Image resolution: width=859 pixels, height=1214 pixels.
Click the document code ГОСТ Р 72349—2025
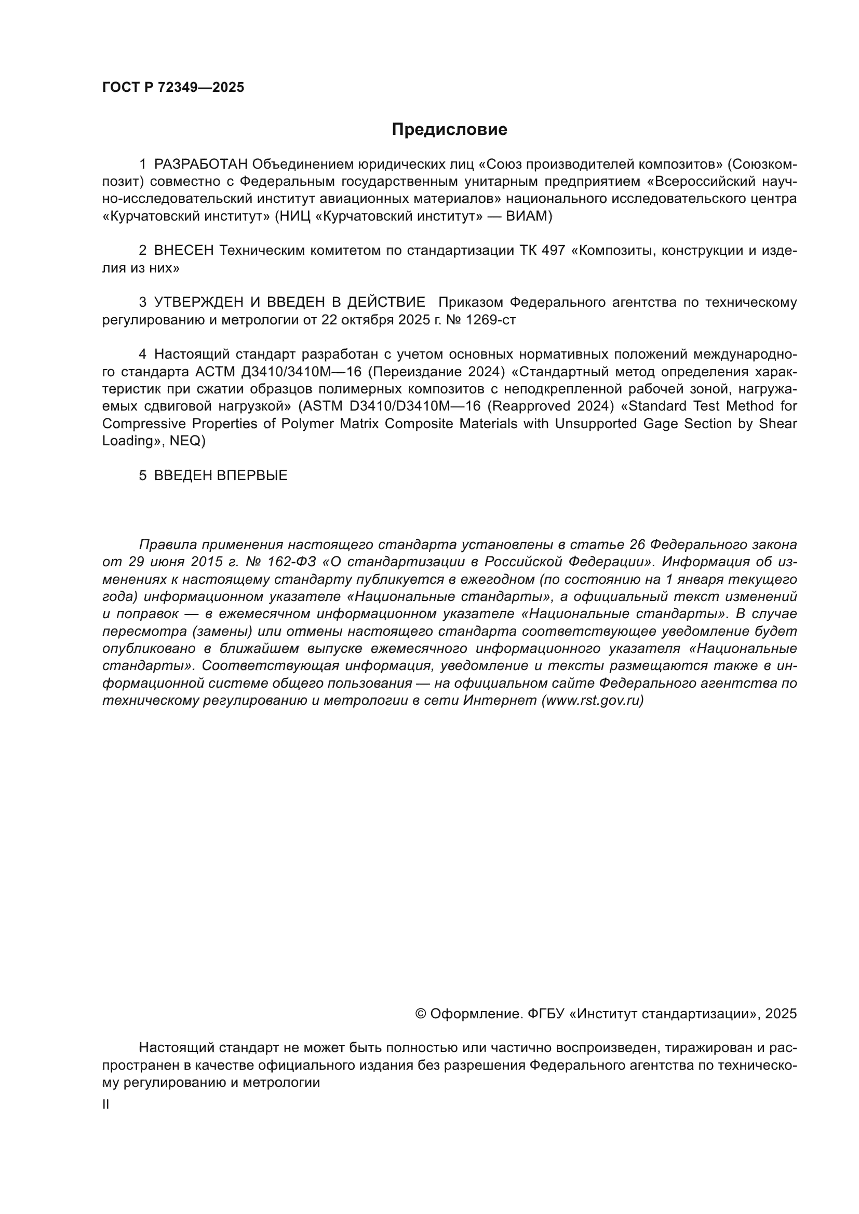(x=173, y=88)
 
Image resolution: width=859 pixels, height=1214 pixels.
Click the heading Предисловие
(x=449, y=130)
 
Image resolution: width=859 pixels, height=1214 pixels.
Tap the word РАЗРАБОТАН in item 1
(x=200, y=165)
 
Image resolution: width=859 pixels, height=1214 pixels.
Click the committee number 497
(x=553, y=251)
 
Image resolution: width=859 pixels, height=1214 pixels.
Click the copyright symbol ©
(x=421, y=1014)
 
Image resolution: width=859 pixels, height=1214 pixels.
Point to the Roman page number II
(x=106, y=1104)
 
